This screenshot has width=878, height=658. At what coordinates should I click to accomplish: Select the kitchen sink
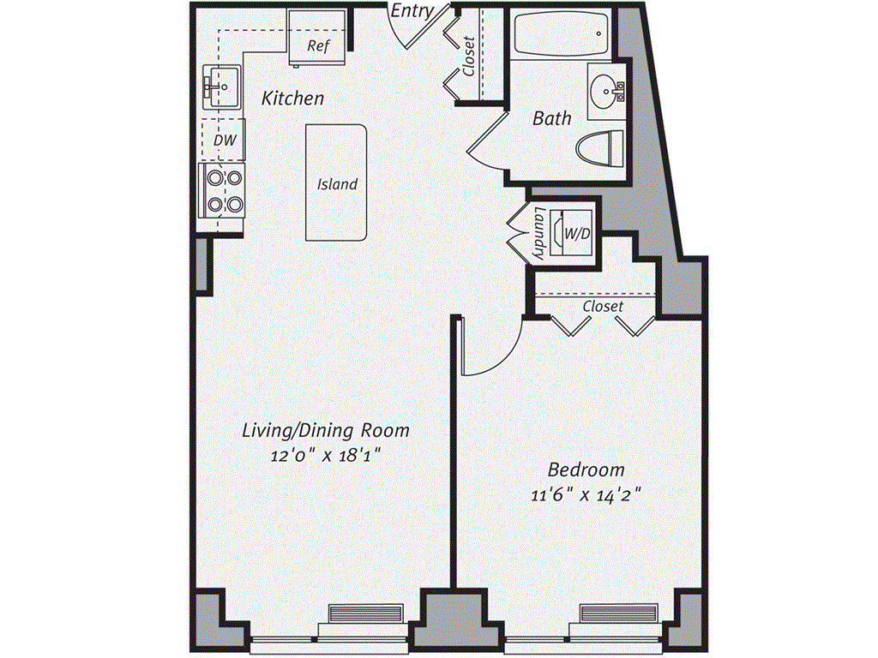[219, 86]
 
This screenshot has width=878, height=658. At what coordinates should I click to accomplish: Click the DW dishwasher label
[223, 139]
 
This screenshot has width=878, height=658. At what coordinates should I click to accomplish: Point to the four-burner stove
[223, 190]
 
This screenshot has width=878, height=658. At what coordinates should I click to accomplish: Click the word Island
[337, 184]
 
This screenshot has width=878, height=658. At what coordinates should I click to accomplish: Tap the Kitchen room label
[293, 99]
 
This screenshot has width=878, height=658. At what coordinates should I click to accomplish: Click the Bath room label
[551, 118]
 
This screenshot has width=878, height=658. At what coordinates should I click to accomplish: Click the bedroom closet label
[603, 306]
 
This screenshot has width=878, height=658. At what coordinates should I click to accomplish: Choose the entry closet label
[469, 56]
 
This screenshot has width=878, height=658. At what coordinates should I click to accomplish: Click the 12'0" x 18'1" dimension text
[325, 456]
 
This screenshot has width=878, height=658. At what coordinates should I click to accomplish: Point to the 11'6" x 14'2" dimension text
[586, 494]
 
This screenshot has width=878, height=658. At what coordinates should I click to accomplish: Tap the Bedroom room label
[586, 470]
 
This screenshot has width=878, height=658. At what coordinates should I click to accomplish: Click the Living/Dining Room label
[325, 430]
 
